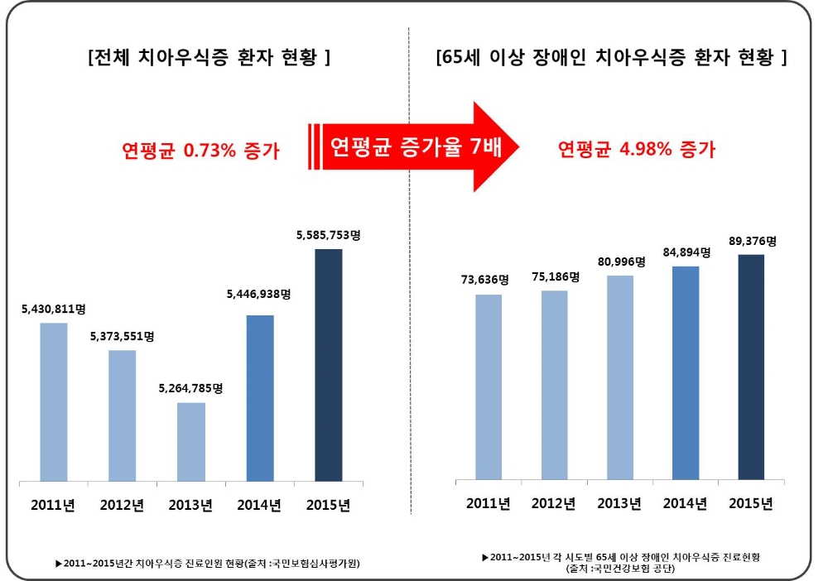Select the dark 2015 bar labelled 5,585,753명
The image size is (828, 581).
click(x=329, y=364)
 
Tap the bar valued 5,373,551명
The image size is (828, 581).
click(x=123, y=415)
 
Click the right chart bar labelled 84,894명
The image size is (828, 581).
click(x=686, y=372)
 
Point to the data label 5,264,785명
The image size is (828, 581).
click(x=191, y=387)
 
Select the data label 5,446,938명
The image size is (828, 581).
click(x=259, y=293)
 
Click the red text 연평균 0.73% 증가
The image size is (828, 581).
click(x=202, y=151)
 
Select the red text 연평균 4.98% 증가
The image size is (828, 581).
click(x=636, y=150)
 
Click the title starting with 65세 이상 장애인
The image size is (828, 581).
click(x=611, y=59)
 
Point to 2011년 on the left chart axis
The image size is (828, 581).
click(x=52, y=504)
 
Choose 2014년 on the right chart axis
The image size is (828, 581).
click(x=684, y=503)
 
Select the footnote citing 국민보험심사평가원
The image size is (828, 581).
click(x=212, y=563)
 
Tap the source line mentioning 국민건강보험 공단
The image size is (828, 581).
click(x=620, y=569)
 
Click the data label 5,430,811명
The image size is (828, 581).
click(x=54, y=309)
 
